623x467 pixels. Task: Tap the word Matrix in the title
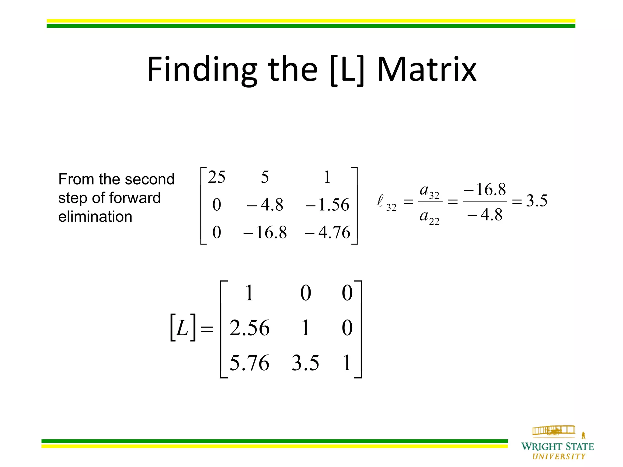pyautogui.click(x=426, y=70)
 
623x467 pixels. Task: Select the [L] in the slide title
pyautogui.click(x=347, y=71)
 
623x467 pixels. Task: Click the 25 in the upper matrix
pyautogui.click(x=217, y=177)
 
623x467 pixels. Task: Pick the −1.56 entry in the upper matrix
pyautogui.click(x=327, y=205)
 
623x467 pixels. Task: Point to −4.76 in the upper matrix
pyautogui.click(x=327, y=233)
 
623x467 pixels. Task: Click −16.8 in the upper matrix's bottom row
pyautogui.click(x=265, y=233)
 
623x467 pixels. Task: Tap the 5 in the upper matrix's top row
pyautogui.click(x=265, y=177)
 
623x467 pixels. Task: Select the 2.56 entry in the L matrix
pyautogui.click(x=249, y=328)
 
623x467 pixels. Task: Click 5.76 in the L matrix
pyautogui.click(x=249, y=363)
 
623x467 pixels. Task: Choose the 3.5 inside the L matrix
pyautogui.click(x=305, y=363)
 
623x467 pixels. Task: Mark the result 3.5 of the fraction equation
pyautogui.click(x=537, y=201)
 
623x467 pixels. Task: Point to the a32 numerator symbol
pyautogui.click(x=429, y=191)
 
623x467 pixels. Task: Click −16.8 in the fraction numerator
pyautogui.click(x=485, y=189)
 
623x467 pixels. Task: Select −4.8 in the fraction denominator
pyautogui.click(x=485, y=215)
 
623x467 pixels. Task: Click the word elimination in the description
pyautogui.click(x=95, y=217)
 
